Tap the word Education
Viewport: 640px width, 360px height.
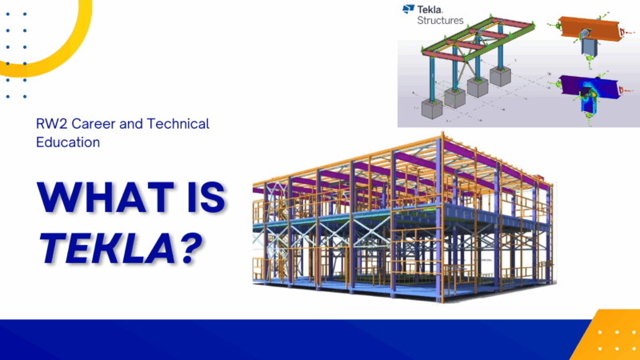68,142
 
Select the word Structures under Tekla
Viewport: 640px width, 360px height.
440,20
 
